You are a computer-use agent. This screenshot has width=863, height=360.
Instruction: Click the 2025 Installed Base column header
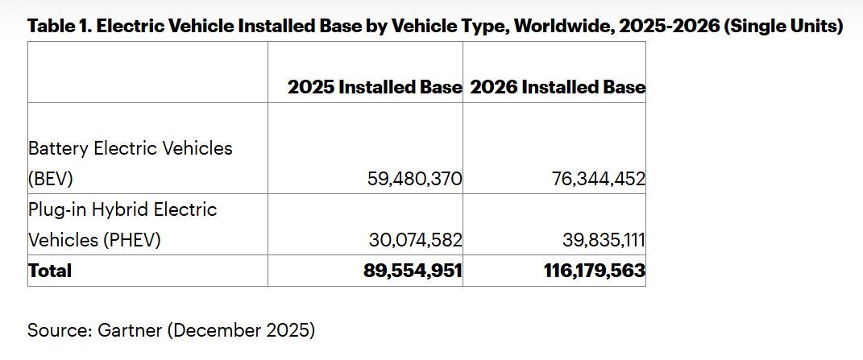click(x=374, y=87)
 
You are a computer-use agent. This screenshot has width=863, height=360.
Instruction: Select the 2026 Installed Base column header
click(x=558, y=87)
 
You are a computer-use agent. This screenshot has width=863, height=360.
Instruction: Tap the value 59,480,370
click(x=414, y=179)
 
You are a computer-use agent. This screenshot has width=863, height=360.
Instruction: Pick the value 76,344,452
click(x=598, y=179)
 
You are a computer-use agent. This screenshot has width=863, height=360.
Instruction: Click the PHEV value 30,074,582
click(x=415, y=240)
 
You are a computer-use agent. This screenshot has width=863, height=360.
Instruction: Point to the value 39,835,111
click(x=604, y=240)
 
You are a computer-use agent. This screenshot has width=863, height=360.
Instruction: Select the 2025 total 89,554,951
click(x=413, y=271)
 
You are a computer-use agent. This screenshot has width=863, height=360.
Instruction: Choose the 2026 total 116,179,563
click(x=595, y=271)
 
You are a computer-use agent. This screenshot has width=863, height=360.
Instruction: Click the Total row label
click(x=50, y=271)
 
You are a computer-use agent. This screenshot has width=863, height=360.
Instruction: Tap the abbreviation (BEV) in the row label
click(x=50, y=179)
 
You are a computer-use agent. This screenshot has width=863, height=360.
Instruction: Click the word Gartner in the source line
click(x=128, y=329)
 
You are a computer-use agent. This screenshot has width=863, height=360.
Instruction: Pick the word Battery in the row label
click(x=59, y=148)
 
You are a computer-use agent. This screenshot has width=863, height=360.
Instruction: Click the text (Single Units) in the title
click(x=783, y=26)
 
